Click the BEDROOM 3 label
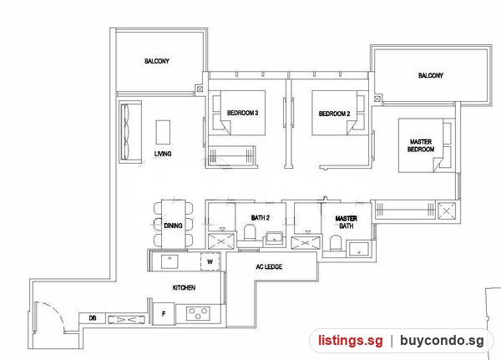242,113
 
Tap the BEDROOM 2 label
334,114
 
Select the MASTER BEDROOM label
421,145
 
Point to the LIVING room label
163,154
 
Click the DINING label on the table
173,226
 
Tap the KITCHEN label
184,287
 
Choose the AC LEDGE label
269,266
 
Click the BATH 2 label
260,218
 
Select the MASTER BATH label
346,222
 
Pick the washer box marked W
210,261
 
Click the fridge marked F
164,313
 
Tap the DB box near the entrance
93,318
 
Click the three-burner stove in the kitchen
198,313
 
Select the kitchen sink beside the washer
170,261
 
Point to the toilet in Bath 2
250,233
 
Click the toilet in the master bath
336,243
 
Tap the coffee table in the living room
163,132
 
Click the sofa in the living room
130,132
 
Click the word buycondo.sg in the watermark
442,341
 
